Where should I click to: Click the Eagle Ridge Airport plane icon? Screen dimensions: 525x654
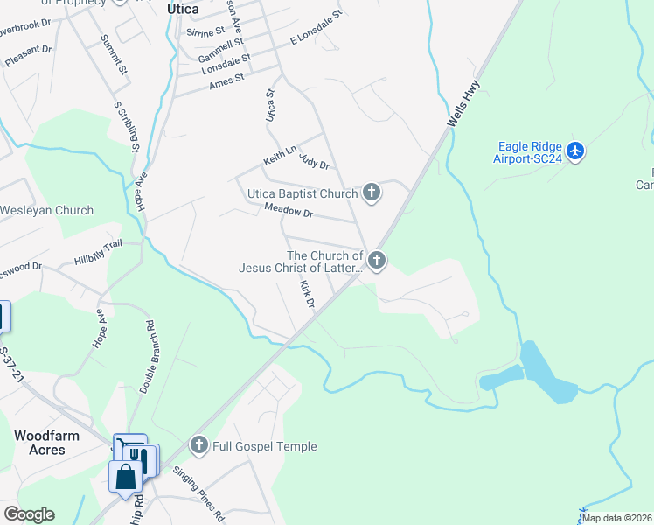pyautogui.click(x=575, y=151)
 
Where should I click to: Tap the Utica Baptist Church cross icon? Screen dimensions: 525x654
pyautogui.click(x=372, y=193)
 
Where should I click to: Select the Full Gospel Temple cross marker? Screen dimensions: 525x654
pyautogui.click(x=199, y=446)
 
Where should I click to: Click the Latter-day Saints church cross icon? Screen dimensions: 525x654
pyautogui.click(x=377, y=260)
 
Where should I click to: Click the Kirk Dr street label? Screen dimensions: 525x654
pyautogui.click(x=307, y=294)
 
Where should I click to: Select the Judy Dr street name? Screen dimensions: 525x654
pyautogui.click(x=314, y=161)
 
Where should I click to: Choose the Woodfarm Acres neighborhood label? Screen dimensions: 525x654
pyautogui.click(x=39, y=442)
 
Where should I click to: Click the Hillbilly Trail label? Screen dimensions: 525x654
pyautogui.click(x=98, y=254)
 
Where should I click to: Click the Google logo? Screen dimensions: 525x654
pyautogui.click(x=28, y=514)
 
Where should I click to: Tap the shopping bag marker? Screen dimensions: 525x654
pyautogui.click(x=125, y=477)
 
